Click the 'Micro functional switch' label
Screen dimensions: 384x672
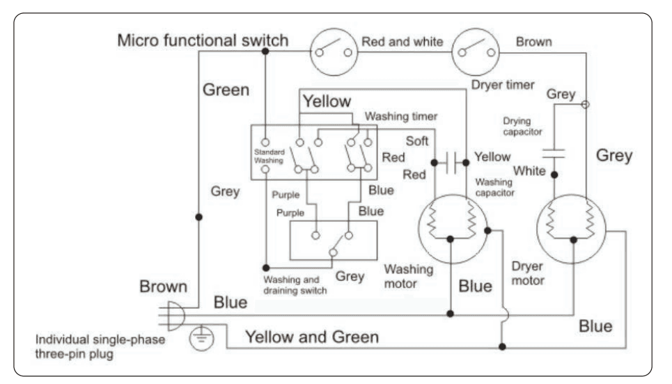pyautogui.click(x=202, y=40)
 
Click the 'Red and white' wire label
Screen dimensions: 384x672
pyautogui.click(x=402, y=42)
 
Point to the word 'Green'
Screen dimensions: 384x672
pyautogui.click(x=226, y=90)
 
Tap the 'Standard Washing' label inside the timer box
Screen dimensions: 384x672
pyautogui.click(x=269, y=155)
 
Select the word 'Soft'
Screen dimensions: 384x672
pyautogui.click(x=417, y=141)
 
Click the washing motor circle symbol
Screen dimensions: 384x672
pyautogui.click(x=451, y=226)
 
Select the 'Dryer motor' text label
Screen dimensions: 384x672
pyautogui.click(x=528, y=273)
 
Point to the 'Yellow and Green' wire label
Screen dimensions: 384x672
pyautogui.click(x=311, y=337)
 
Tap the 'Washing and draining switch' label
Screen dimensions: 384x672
pyautogui.click(x=295, y=285)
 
